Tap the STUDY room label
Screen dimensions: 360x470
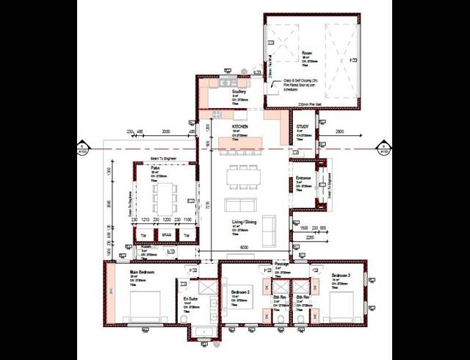pyautogui.click(x=303, y=127)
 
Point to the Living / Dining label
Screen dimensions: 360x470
pyautogui.click(x=245, y=222)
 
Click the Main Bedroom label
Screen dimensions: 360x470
pyautogui.click(x=143, y=271)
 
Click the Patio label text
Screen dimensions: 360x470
pyautogui.click(x=155, y=168)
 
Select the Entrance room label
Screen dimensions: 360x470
pyautogui.click(x=304, y=179)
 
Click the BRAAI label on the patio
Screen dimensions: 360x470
pyautogui.click(x=167, y=235)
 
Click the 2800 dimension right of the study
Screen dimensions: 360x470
pyautogui.click(x=339, y=132)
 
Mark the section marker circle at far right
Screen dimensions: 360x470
pyautogui.click(x=383, y=150)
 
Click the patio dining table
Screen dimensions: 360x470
pyautogui.click(x=165, y=197)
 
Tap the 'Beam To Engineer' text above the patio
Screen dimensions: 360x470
pyautogui.click(x=165, y=158)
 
